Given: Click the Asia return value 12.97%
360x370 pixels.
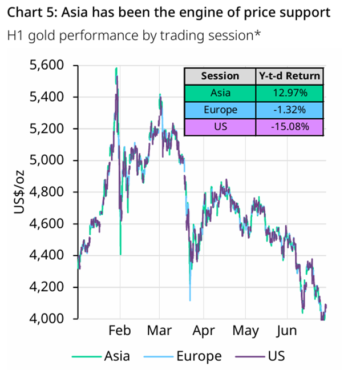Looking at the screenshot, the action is [x=290, y=93].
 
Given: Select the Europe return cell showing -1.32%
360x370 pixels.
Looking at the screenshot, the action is [x=289, y=110].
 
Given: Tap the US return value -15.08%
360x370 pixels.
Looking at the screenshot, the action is [x=290, y=127].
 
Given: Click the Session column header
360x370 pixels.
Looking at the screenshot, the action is [x=220, y=76].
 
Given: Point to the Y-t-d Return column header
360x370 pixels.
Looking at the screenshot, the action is [x=289, y=76].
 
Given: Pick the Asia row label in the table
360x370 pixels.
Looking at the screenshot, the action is [x=220, y=93].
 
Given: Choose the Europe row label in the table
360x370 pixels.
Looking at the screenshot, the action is [x=220, y=110].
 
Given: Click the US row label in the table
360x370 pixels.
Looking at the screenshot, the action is [x=221, y=127].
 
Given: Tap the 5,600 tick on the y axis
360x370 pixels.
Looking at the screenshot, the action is [x=47, y=65].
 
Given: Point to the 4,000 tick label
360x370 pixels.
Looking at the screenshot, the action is [x=47, y=319].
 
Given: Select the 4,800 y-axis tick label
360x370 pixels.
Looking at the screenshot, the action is [x=47, y=192].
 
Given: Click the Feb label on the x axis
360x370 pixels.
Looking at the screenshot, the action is [x=120, y=331].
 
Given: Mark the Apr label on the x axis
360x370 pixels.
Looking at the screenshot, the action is [x=204, y=331].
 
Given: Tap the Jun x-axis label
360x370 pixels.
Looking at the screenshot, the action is [x=286, y=331].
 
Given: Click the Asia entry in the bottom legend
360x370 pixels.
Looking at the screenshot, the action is [x=101, y=356].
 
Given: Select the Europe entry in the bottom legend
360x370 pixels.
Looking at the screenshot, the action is [x=183, y=356].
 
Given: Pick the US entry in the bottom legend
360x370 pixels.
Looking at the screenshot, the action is [x=260, y=356].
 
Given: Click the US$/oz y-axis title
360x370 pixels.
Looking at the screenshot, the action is [x=19, y=192].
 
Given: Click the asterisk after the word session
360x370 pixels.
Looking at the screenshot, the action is [x=257, y=33].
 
